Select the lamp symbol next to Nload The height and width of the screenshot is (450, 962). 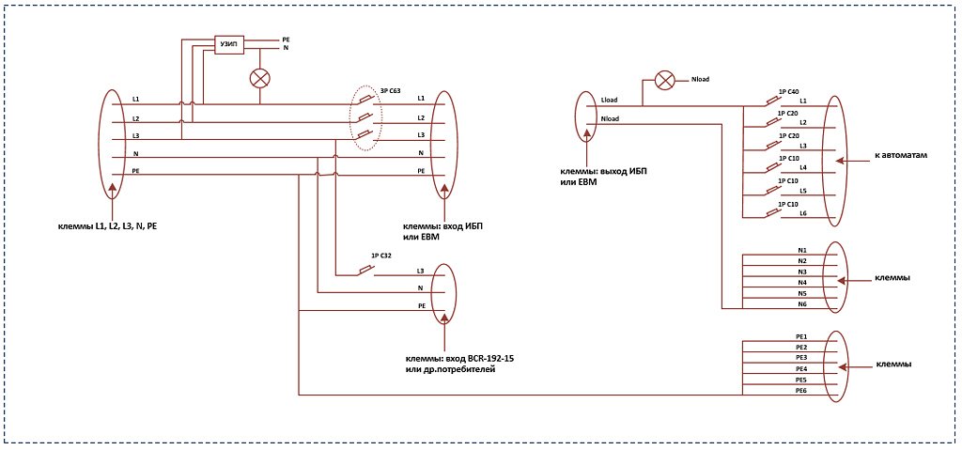point(664,80)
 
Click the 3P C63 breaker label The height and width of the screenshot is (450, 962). point(390,91)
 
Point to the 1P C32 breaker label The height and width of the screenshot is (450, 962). point(381,256)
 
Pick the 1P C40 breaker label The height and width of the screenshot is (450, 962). point(788,91)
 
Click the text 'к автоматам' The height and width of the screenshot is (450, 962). point(899,156)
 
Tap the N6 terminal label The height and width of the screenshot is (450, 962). point(802,304)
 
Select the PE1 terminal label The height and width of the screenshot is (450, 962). point(801,336)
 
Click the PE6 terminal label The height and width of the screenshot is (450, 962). point(801,391)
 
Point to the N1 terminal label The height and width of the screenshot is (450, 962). point(802,251)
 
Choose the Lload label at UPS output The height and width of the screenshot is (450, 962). point(609,100)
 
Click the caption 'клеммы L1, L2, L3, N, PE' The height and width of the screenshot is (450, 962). point(113,226)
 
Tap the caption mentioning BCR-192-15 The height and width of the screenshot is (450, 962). point(458,365)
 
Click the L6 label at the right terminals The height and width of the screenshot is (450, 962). point(803,213)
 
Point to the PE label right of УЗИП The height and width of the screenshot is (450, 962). point(286,39)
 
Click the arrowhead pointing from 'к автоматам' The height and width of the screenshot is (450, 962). point(841,162)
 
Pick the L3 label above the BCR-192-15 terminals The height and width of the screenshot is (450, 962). point(420,271)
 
